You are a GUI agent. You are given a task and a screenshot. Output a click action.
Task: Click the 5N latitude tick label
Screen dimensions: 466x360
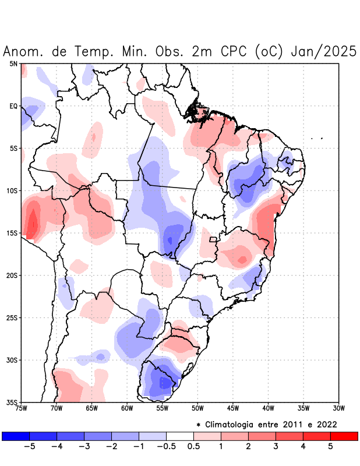[13, 63]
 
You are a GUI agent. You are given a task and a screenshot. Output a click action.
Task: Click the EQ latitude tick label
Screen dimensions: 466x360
[13, 106]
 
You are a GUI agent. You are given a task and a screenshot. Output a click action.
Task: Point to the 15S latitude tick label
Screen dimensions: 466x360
[12, 233]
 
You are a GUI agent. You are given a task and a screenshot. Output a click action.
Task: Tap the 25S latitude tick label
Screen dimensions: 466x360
[12, 317]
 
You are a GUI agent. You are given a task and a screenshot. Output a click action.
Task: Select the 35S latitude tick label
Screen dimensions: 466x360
[12, 402]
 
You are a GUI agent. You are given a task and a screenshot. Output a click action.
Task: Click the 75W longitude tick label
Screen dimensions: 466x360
[21, 408]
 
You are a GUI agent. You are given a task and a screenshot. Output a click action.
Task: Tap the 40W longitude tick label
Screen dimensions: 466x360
[268, 408]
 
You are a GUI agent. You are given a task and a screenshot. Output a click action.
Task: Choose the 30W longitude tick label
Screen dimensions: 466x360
[338, 408]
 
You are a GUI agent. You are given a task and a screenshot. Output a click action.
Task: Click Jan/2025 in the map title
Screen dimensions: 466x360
[323, 51]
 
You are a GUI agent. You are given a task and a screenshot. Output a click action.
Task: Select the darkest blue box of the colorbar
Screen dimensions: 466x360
[16, 436]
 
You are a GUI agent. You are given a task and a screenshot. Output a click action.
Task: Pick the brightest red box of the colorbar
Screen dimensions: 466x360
[344, 436]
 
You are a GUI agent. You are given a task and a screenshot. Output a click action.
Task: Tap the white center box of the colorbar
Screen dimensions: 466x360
[180, 436]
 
